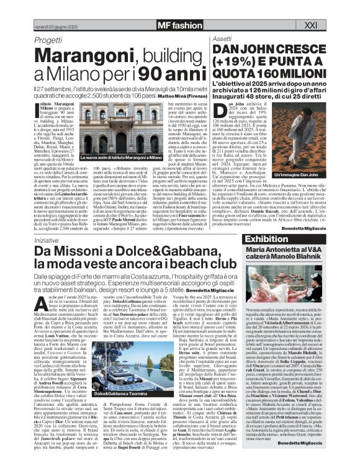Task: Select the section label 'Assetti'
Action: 222,20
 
